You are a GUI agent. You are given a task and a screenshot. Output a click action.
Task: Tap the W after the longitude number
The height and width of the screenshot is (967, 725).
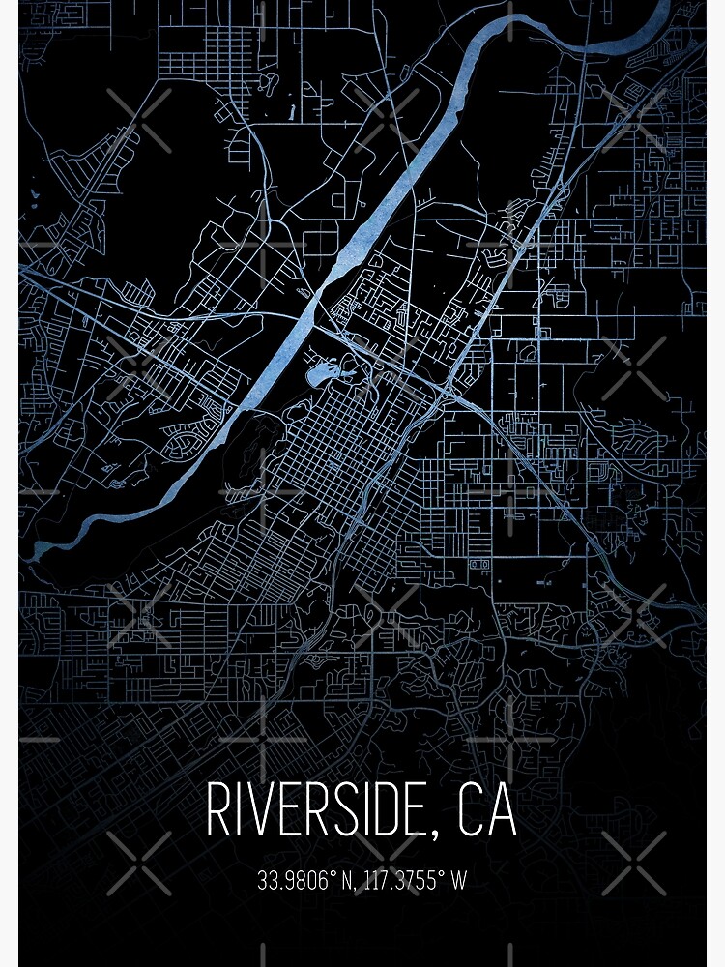(x=459, y=881)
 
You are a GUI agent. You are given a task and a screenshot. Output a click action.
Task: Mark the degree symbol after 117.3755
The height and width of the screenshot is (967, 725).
(x=444, y=875)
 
